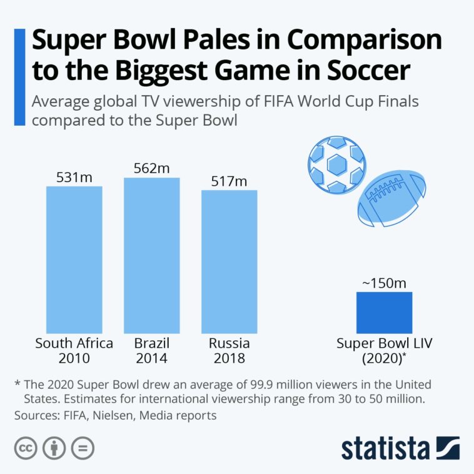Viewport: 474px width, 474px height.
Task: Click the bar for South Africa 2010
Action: pyautogui.click(x=74, y=260)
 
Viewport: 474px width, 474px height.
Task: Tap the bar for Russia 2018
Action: pyautogui.click(x=229, y=261)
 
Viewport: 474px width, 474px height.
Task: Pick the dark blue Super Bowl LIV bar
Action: pyautogui.click(x=384, y=313)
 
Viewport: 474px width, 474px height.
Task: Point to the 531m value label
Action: pyautogui.click(x=74, y=178)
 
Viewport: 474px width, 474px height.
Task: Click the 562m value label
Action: pyautogui.click(x=151, y=169)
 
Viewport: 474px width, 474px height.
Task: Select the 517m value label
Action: pyautogui.click(x=229, y=181)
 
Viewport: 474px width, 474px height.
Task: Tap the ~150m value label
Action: pyautogui.click(x=384, y=283)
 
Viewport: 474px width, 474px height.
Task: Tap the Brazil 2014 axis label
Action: pyautogui.click(x=151, y=351)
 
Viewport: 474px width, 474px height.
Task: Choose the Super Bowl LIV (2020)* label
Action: pyautogui.click(x=384, y=351)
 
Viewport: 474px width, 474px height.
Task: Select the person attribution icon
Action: pyautogui.click(x=54, y=448)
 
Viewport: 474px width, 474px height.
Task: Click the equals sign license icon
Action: pyautogui.click(x=83, y=448)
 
